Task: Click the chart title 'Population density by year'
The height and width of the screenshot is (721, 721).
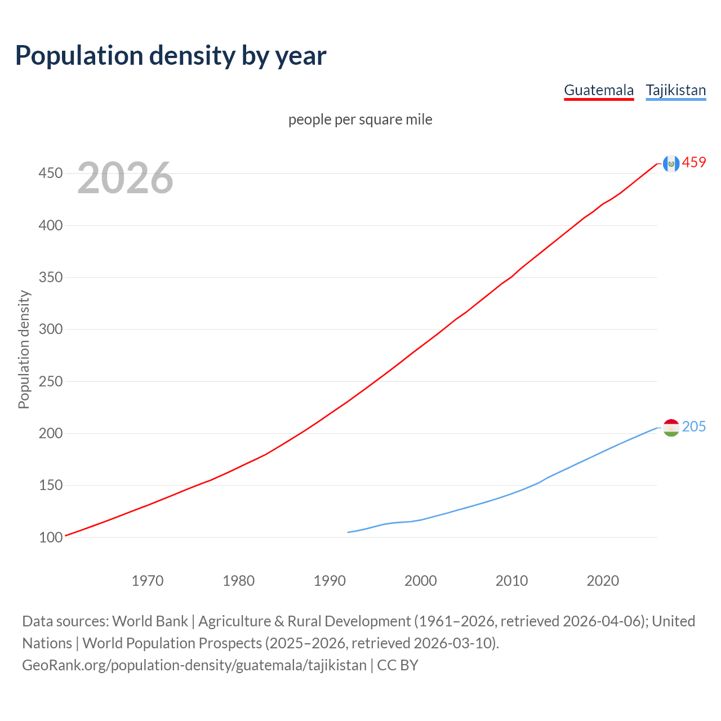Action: (171, 55)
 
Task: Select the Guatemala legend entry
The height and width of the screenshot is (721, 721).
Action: (599, 90)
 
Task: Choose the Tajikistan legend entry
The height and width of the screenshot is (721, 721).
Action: (675, 90)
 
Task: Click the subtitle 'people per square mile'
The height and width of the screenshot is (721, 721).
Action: (360, 119)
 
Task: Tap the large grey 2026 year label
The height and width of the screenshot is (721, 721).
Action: (125, 178)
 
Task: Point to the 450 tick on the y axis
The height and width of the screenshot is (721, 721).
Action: (50, 173)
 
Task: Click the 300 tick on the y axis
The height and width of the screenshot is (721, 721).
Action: (50, 329)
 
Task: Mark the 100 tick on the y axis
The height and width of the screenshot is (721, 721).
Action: (50, 537)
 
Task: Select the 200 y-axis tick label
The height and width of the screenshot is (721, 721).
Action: (50, 433)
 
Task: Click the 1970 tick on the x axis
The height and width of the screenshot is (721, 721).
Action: (148, 581)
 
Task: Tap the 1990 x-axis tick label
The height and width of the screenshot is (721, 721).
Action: (330, 581)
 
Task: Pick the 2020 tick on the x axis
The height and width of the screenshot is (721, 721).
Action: (603, 581)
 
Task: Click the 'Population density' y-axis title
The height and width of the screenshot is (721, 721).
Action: (24, 349)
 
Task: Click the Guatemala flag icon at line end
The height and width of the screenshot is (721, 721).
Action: (671, 163)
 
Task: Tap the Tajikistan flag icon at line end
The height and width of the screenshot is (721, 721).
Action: (671, 428)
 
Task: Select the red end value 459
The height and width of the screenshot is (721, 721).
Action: (694, 163)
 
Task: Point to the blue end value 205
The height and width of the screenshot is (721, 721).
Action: (694, 427)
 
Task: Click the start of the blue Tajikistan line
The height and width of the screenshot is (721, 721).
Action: (349, 532)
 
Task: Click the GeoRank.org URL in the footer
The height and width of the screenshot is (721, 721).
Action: (194, 665)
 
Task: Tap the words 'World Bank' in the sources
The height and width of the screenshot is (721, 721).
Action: (150, 621)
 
